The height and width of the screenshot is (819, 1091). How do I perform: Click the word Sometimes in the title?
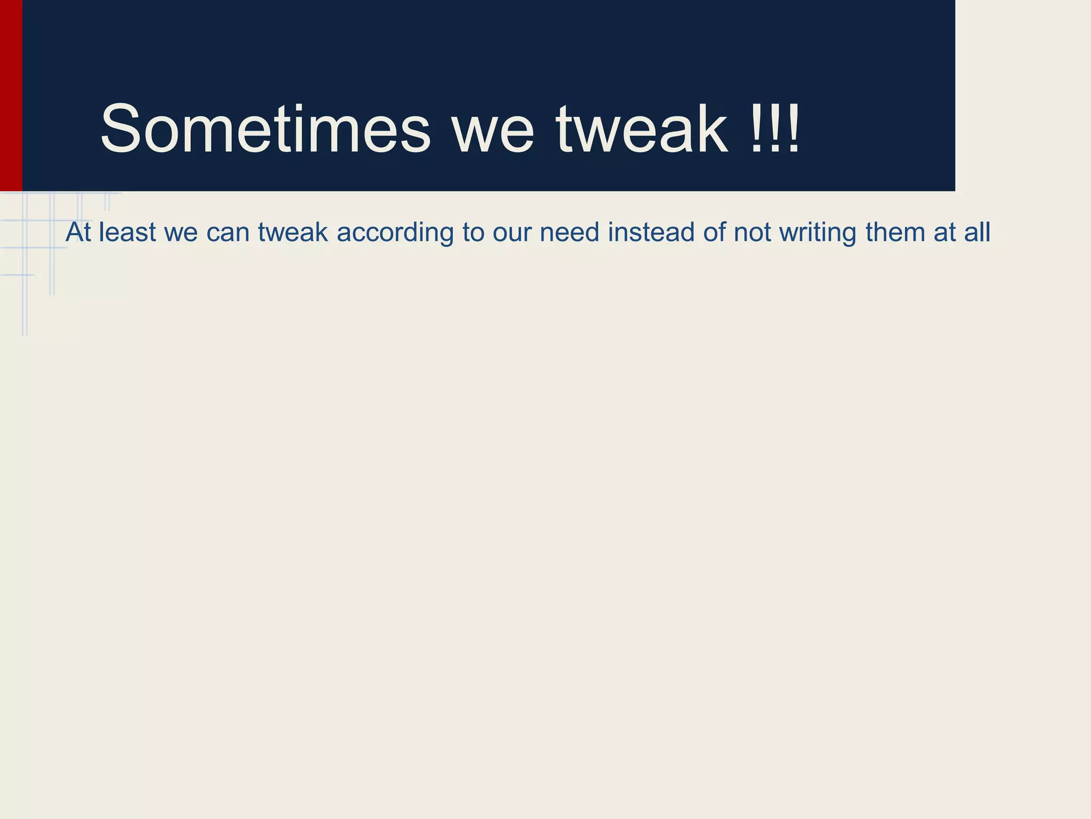coord(265,129)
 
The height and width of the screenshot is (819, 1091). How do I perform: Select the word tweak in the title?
coord(641,129)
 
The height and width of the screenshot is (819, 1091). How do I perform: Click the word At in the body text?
coord(78,232)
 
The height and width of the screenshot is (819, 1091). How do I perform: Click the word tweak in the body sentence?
coord(293,232)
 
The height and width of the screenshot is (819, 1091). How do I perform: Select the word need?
coord(569,232)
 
